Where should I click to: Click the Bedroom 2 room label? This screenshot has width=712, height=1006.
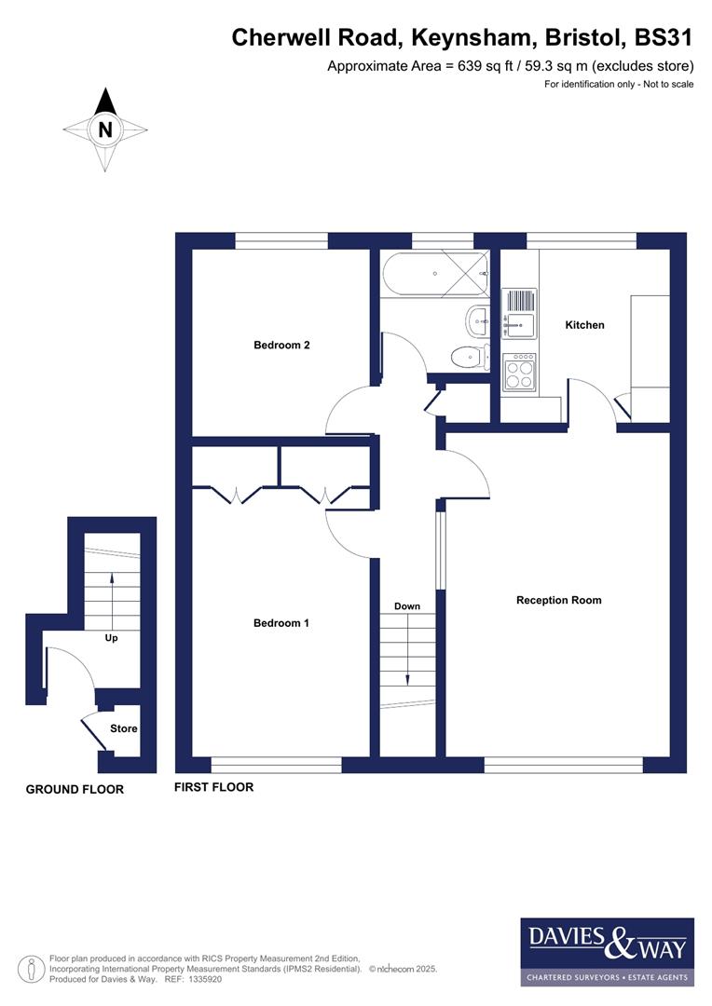(x=281, y=345)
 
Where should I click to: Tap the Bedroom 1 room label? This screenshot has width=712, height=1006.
(x=281, y=623)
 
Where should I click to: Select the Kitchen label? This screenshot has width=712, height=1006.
(x=585, y=325)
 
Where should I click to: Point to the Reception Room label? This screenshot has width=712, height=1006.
(x=558, y=600)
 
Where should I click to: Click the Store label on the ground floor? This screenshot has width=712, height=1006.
(x=124, y=728)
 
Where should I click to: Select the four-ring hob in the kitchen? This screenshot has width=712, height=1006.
(x=520, y=373)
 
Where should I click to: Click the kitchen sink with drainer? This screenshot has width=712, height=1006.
(x=519, y=312)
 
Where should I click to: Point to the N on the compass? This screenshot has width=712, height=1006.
(x=105, y=130)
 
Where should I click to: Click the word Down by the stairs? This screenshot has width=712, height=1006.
(x=407, y=606)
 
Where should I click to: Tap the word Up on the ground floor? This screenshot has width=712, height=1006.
(x=111, y=639)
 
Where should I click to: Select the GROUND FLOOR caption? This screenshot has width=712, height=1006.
(x=75, y=789)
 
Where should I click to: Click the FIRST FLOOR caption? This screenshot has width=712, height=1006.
(x=214, y=787)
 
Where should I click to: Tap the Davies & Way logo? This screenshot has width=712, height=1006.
(x=607, y=951)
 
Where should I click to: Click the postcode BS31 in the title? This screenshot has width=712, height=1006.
(x=664, y=38)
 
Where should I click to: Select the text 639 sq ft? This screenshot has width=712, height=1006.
(x=437, y=66)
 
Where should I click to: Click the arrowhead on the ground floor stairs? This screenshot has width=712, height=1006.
(x=112, y=578)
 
